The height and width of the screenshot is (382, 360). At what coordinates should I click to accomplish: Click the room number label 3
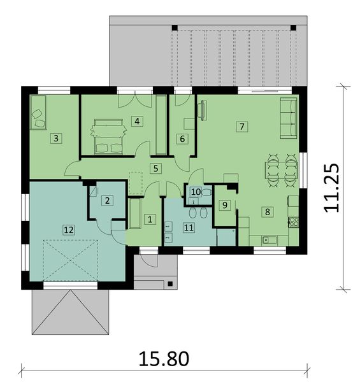pyautogui.click(x=56, y=137)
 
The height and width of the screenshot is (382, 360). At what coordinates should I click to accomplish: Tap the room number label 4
pyautogui.click(x=136, y=120)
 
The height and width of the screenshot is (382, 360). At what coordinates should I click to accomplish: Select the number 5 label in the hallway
pyautogui.click(x=154, y=169)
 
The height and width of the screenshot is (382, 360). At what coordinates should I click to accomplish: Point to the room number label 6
pyautogui.click(x=182, y=138)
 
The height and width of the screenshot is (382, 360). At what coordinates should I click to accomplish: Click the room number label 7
pyautogui.click(x=241, y=126)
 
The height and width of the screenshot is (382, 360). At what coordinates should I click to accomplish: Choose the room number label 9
pyautogui.click(x=224, y=205)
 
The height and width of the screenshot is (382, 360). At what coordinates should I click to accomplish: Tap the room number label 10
pyautogui.click(x=196, y=191)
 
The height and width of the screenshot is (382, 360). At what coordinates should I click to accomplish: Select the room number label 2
pyautogui.click(x=108, y=201)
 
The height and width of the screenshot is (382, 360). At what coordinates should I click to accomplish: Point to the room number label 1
pyautogui.click(x=150, y=220)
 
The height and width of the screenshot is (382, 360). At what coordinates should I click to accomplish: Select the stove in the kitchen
pyautogui.click(x=294, y=222)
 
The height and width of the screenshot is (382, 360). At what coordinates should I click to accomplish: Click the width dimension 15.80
pyautogui.click(x=163, y=358)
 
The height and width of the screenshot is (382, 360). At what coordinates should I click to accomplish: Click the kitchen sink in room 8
pyautogui.click(x=268, y=239)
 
